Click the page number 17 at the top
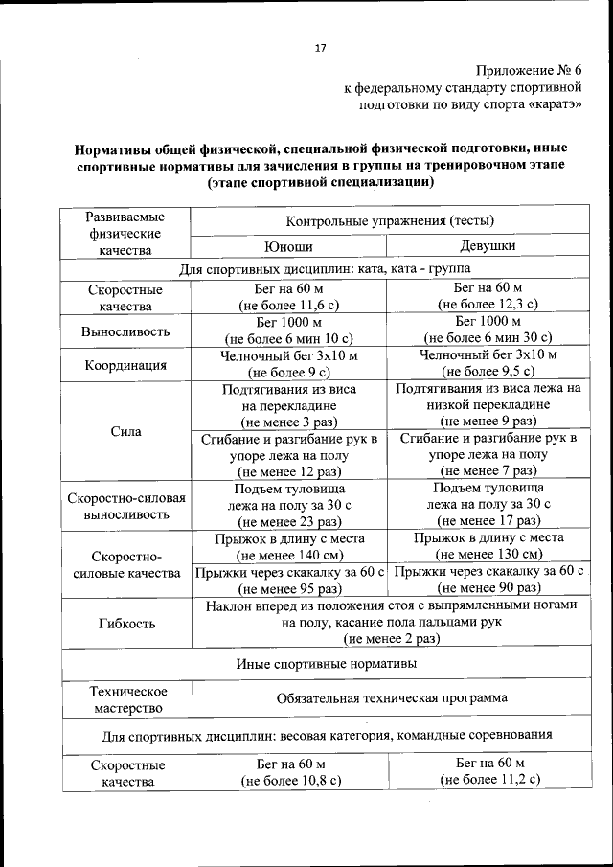321,49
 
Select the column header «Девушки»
488,246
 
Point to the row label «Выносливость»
125,331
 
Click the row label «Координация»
125,365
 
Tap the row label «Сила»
125,431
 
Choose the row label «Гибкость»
125,623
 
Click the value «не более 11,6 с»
289,306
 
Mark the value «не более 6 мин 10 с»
289,338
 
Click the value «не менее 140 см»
289,555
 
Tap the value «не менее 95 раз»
289,589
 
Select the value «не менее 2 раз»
392,639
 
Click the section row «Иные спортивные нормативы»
326,663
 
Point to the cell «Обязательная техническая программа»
392,698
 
